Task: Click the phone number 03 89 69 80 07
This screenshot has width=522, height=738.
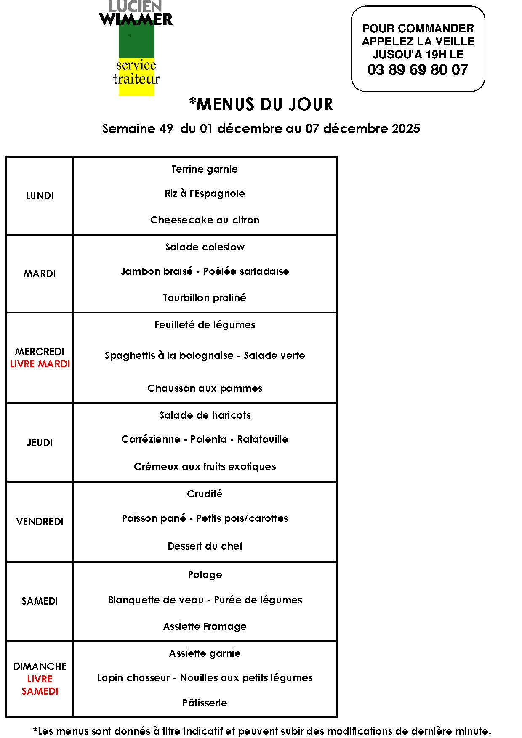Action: (418, 70)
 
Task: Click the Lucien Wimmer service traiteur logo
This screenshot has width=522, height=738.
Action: (136, 48)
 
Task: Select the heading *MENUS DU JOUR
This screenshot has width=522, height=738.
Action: (261, 104)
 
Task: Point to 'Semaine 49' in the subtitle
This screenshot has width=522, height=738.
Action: (137, 128)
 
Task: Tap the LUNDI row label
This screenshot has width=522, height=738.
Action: (40, 196)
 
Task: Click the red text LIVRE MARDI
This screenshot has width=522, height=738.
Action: (40, 364)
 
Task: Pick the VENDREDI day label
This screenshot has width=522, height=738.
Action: (40, 522)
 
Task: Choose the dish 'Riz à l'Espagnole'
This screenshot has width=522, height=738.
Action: (205, 194)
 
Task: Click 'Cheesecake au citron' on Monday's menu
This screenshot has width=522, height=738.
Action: (205, 220)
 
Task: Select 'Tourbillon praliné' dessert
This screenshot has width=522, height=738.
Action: (205, 298)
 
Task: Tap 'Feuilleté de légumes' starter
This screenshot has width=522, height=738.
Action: (205, 325)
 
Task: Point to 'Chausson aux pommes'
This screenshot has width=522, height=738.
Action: (205, 388)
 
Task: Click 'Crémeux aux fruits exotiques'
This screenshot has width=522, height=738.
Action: (205, 467)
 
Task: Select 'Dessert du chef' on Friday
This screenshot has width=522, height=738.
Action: (205, 546)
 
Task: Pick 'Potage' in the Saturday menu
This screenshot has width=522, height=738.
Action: (205, 575)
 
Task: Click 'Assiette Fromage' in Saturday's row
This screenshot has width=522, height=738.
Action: (205, 627)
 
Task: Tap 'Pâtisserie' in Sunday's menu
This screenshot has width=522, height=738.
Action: (205, 703)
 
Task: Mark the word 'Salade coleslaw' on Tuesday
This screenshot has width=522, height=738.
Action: (205, 247)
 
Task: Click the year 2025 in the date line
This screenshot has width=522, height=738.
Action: (406, 128)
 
